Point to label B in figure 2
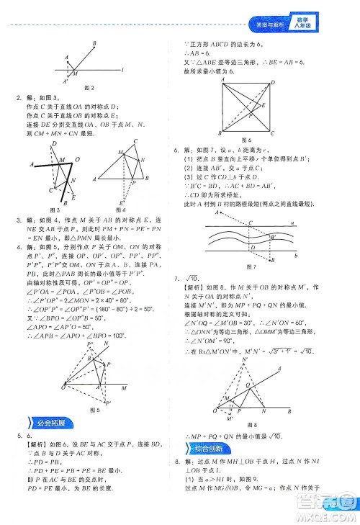[95, 44]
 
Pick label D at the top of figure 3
[55, 143]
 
